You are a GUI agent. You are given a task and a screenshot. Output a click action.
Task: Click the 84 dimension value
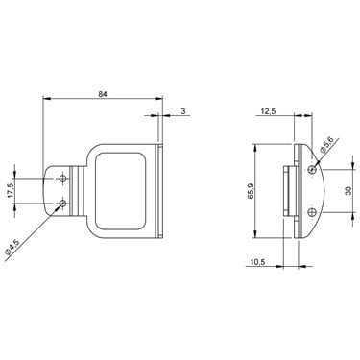pyautogui.click(x=102, y=94)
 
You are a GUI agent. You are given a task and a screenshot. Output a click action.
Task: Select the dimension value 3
pyautogui.click(x=183, y=111)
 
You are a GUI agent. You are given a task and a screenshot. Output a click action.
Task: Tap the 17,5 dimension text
pyautogui.click(x=11, y=190)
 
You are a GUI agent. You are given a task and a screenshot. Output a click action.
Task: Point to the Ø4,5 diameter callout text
pyautogui.click(x=12, y=248)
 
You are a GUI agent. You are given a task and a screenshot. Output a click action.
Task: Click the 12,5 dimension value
pyautogui.click(x=268, y=111)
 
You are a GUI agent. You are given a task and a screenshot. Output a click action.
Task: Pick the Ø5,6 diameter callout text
pyautogui.click(x=326, y=144)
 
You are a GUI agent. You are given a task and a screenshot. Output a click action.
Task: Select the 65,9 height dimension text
pyautogui.click(x=251, y=191)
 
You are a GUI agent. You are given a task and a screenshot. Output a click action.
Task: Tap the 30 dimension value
pyautogui.click(x=348, y=191)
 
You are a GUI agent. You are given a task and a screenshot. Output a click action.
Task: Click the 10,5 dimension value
pyautogui.click(x=257, y=262)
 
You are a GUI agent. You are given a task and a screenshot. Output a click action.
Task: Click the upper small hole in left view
pyautogui.click(x=63, y=179)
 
